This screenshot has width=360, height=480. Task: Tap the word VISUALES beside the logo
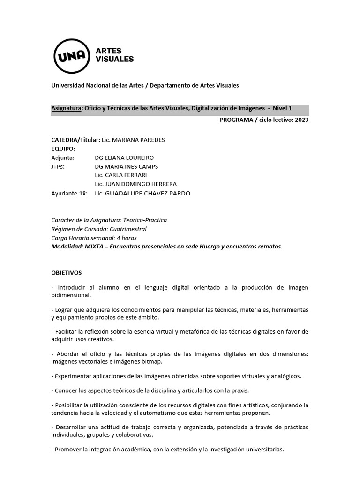pyautogui.click(x=115, y=59)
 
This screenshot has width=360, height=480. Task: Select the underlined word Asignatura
pyautogui.click(x=66, y=109)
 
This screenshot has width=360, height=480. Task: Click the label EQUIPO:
pyautogui.click(x=63, y=149)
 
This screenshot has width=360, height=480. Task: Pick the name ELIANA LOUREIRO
pyautogui.click(x=130, y=157)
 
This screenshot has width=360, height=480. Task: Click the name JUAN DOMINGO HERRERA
pyautogui.click(x=142, y=184)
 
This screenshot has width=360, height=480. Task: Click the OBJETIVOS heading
pyautogui.click(x=67, y=272)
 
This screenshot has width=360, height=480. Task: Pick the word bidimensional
pyautogui.click(x=71, y=295)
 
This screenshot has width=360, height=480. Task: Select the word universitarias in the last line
pyautogui.click(x=265, y=449)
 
